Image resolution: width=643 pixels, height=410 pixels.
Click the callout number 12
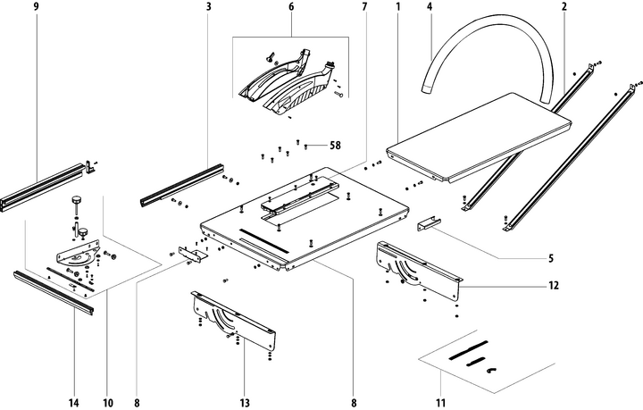click(554, 286)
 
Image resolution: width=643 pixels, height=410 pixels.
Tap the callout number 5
click(551, 259)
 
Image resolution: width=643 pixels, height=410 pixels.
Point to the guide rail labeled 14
click(54, 291)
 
